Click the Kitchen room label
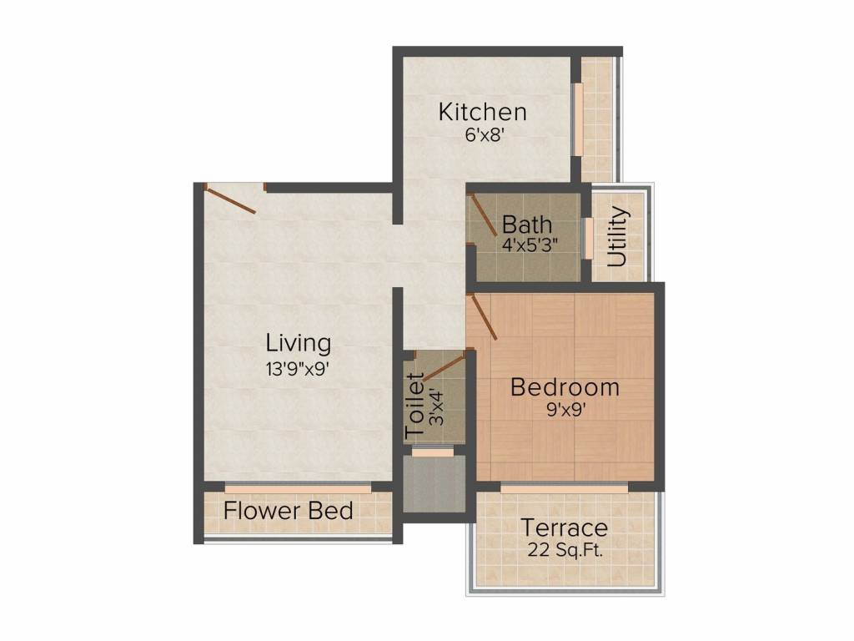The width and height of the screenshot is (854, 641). click(x=483, y=112)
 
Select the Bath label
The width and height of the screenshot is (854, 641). click(x=526, y=225)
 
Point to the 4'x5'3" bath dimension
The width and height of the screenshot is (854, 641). click(x=530, y=245)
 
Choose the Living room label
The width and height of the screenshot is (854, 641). click(x=299, y=342)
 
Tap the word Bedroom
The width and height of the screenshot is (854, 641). click(x=565, y=387)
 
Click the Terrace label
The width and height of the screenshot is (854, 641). click(x=565, y=528)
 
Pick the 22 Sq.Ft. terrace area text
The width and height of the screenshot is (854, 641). click(x=565, y=550)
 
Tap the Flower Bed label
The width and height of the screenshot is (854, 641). click(x=289, y=511)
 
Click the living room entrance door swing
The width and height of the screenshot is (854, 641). click(x=231, y=199)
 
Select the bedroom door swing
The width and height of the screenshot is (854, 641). click(x=483, y=317)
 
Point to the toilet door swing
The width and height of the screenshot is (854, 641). click(x=443, y=367)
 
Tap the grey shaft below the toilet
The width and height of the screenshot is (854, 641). click(x=435, y=483)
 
